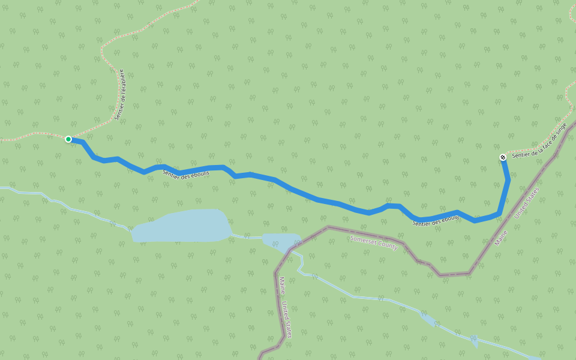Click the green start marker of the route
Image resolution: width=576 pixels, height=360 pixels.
[x=68, y=139]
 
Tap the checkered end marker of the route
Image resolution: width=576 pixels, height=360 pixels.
[x=503, y=157]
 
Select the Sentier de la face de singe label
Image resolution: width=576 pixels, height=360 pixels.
[x=539, y=140]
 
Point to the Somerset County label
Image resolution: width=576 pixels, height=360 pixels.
[x=374, y=242]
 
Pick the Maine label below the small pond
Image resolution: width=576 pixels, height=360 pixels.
[x=281, y=285]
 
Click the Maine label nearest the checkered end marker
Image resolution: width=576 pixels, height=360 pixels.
[x=501, y=238]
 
